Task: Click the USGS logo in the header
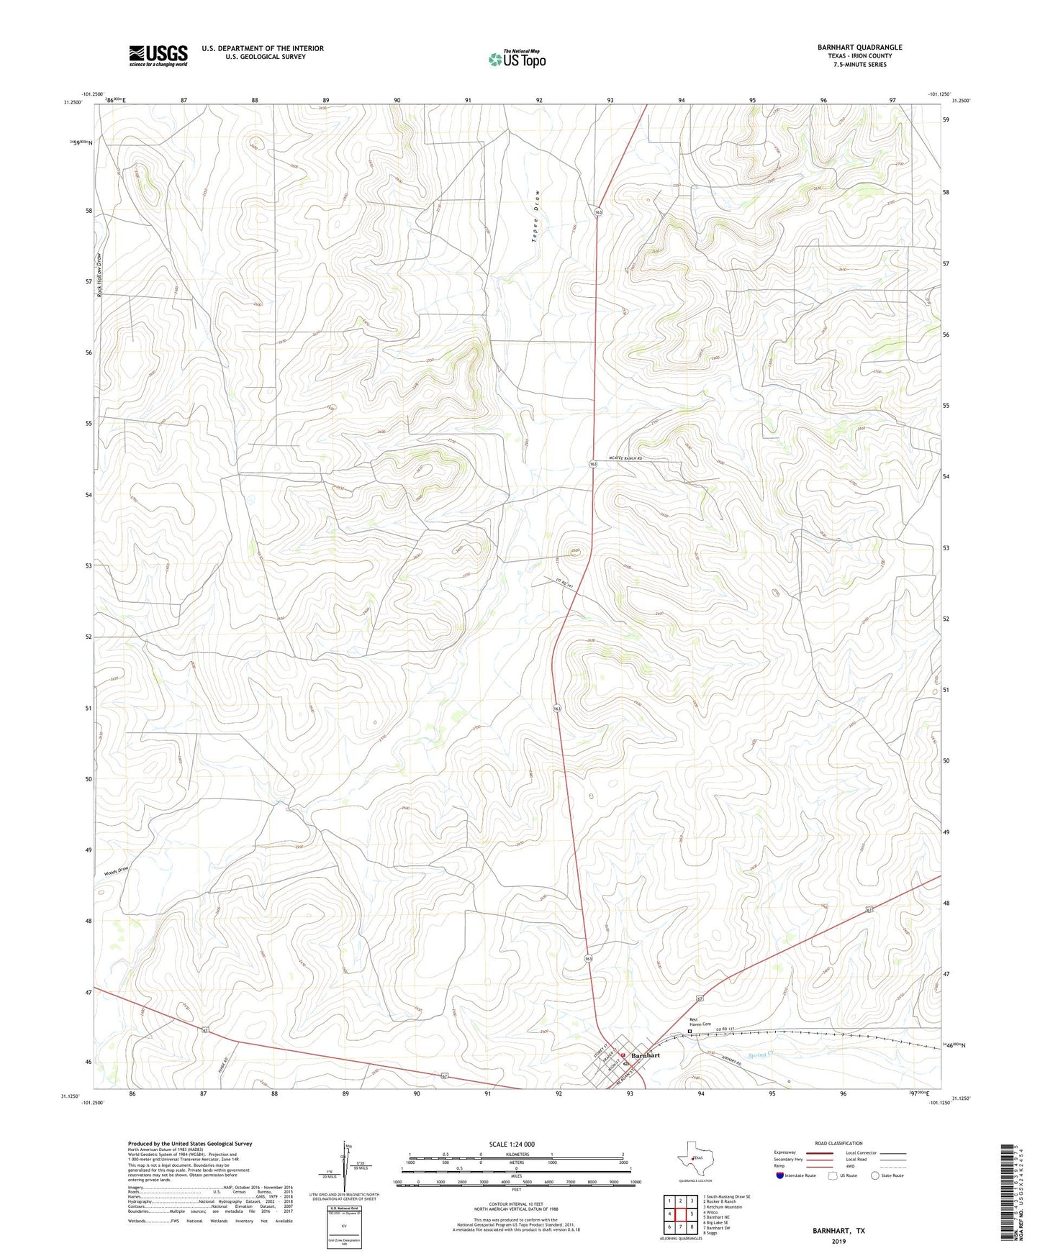click(158, 55)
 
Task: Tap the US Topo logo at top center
click(517, 59)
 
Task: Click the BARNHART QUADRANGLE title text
click(859, 47)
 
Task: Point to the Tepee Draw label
click(535, 216)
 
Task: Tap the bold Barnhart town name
click(645, 1055)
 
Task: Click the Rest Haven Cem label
click(700, 1021)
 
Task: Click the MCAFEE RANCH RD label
click(624, 458)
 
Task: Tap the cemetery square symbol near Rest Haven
click(689, 1032)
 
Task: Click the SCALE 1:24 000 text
click(512, 1144)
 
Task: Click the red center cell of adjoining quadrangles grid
click(679, 1214)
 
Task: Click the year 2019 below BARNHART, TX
click(838, 1242)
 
